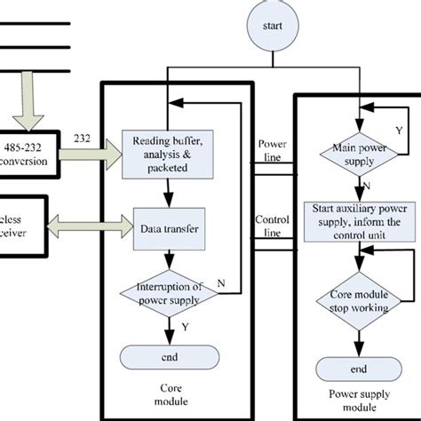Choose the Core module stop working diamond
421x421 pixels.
(x=358, y=298)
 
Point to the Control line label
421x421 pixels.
(x=271, y=224)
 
